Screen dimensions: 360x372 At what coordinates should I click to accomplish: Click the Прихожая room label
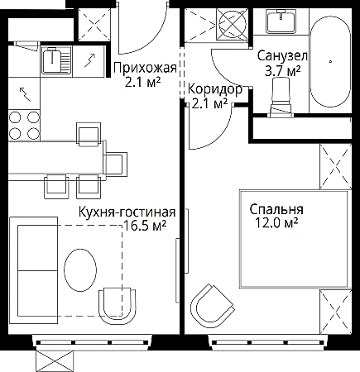(145, 68)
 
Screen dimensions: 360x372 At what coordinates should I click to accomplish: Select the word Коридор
(215, 89)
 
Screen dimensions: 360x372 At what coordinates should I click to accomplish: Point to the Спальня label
(276, 209)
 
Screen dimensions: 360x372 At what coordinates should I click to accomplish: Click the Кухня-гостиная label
(127, 212)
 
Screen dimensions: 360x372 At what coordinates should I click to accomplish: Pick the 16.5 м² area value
(145, 226)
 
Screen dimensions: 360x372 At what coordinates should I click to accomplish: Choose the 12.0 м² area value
(276, 223)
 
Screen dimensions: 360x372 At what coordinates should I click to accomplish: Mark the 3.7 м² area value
(282, 71)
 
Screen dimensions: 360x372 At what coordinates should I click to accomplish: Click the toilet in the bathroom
(281, 98)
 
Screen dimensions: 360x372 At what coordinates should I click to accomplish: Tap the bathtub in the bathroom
(330, 62)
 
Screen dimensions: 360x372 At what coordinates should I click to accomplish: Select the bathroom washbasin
(281, 21)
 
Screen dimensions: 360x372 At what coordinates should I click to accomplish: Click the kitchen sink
(56, 60)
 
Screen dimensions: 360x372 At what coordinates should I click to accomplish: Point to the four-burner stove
(24, 125)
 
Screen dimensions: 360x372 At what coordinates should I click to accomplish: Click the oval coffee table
(80, 269)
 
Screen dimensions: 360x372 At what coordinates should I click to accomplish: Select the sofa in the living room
(33, 270)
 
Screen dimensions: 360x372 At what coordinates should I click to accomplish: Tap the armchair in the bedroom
(212, 306)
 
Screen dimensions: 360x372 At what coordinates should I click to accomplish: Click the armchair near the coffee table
(118, 306)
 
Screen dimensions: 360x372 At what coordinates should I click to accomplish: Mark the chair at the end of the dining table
(115, 164)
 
